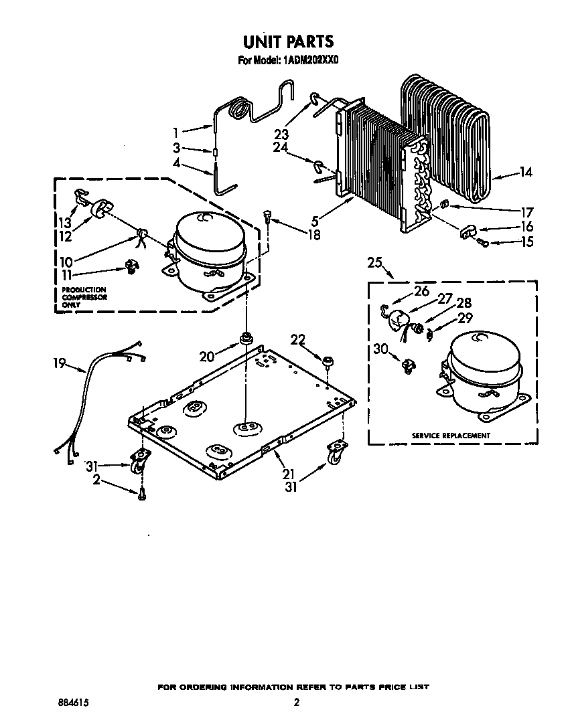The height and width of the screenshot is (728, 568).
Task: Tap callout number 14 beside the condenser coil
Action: pyautogui.click(x=526, y=173)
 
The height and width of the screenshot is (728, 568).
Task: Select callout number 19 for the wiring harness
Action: pyautogui.click(x=60, y=364)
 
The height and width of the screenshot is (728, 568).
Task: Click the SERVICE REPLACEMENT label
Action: pyautogui.click(x=451, y=436)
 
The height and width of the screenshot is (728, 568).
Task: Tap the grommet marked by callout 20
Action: pyautogui.click(x=245, y=337)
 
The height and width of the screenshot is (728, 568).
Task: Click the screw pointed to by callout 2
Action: pyautogui.click(x=141, y=494)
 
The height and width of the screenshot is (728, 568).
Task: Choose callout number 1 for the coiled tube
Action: pyautogui.click(x=176, y=132)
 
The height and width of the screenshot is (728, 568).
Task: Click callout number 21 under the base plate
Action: pyautogui.click(x=289, y=474)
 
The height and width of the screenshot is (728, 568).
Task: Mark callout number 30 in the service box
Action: pyautogui.click(x=380, y=348)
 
